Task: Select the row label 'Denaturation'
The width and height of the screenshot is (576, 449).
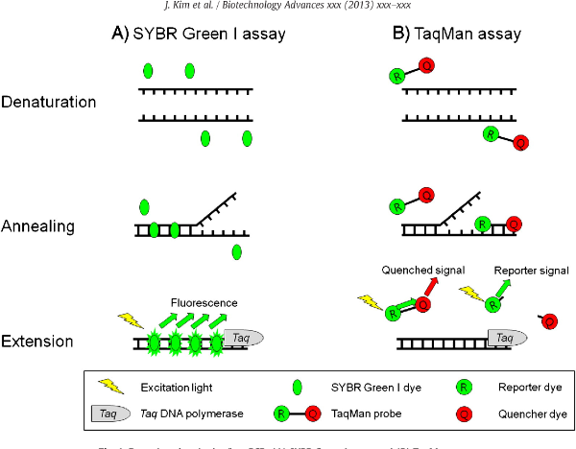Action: point(49,102)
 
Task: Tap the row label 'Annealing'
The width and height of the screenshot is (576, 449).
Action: point(38,227)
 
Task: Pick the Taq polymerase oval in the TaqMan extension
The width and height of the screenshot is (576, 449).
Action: point(507,338)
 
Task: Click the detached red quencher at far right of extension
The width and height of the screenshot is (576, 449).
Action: point(550,320)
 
